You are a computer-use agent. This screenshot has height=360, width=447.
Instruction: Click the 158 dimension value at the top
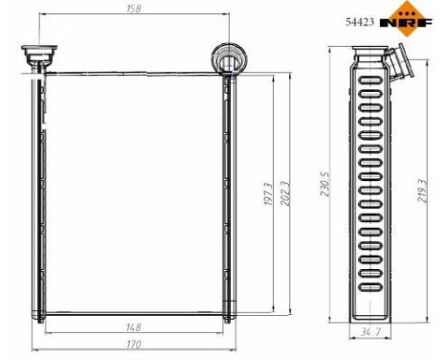point(131,11)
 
